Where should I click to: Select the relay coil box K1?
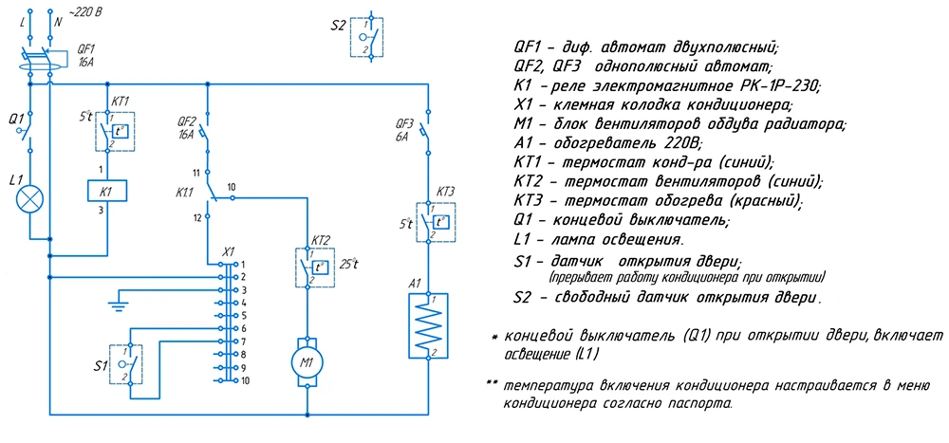(x=108, y=192)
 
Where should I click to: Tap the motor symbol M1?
(x=308, y=362)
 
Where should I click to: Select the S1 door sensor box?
(x=126, y=364)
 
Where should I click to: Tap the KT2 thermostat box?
(x=313, y=268)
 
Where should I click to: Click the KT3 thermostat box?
(x=436, y=222)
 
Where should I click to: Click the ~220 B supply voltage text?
(x=85, y=10)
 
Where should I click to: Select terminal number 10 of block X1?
(x=245, y=381)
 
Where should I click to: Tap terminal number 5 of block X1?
(x=243, y=315)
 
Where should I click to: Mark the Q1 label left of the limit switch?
(x=16, y=118)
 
